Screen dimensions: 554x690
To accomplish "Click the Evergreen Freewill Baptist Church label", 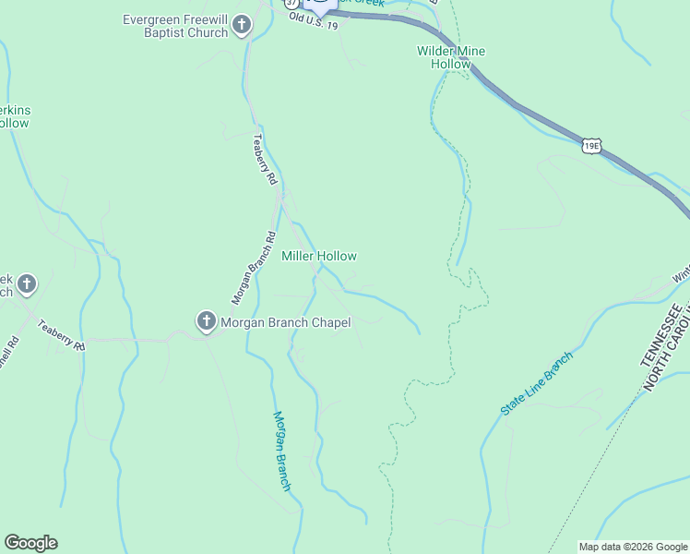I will [175, 26].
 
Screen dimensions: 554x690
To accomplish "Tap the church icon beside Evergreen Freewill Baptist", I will [242, 25].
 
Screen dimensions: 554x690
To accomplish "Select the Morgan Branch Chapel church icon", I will [206, 321].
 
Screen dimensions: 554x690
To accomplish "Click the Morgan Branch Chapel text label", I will [286, 322].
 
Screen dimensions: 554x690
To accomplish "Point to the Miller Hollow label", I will [318, 256].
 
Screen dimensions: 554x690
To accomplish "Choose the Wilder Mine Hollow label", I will [451, 57].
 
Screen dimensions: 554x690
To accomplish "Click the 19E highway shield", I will [592, 144].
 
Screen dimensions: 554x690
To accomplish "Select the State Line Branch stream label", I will [538, 382].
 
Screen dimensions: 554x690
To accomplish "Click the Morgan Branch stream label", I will [283, 451].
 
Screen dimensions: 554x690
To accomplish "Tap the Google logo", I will [30, 543].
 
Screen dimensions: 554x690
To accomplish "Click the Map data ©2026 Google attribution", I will [632, 547].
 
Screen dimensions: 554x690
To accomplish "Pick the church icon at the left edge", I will [27, 284].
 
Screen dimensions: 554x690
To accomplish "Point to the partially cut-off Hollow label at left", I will [14, 116].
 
